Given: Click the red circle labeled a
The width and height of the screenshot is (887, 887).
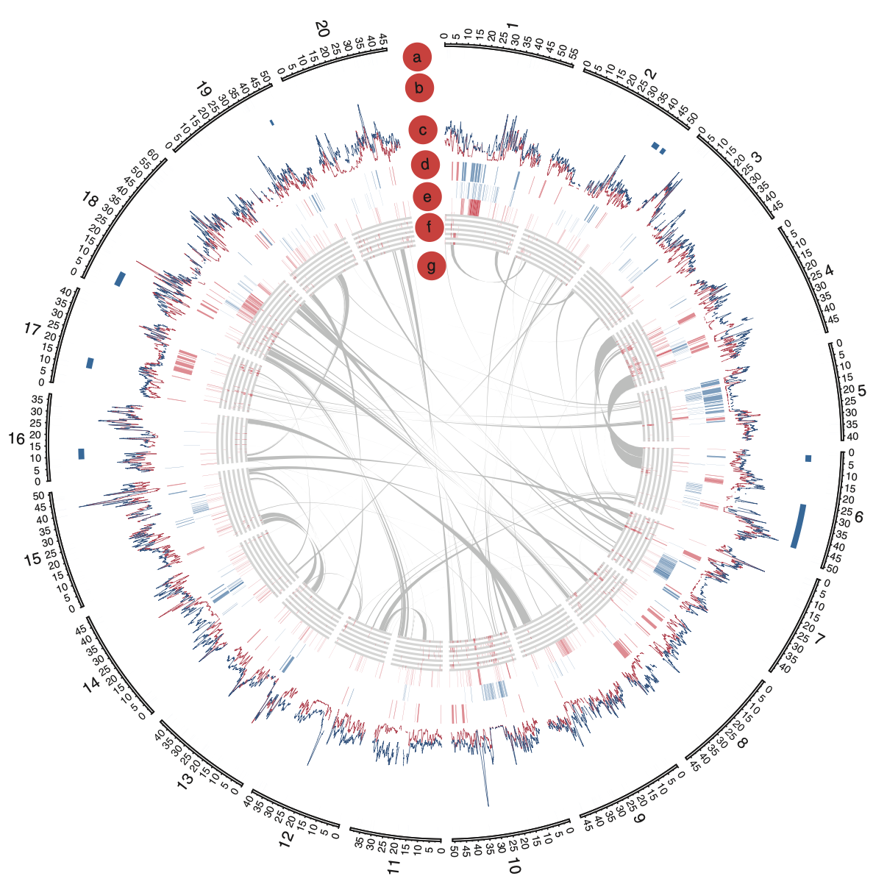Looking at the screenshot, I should tap(417, 57).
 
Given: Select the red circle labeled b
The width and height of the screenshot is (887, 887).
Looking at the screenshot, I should tap(419, 88).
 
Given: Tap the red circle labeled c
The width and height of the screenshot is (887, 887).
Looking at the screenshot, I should tap(423, 131).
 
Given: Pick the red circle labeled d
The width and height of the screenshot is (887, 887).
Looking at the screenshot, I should tap(425, 164).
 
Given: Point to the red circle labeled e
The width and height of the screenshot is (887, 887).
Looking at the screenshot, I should tap(427, 196).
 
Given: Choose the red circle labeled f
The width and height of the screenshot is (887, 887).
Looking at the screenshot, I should tap(429, 227).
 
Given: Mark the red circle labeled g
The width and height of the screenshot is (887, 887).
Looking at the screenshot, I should tap(432, 266).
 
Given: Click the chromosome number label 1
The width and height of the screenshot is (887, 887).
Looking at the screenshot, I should tap(513, 27).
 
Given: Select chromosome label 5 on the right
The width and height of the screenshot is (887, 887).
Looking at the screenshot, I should tap(862, 391).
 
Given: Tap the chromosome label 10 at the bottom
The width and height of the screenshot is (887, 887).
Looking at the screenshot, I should tap(513, 867).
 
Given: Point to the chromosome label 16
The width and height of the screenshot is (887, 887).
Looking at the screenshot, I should tap(16, 439).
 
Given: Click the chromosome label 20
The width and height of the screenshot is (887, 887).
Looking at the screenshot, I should tap(321, 29).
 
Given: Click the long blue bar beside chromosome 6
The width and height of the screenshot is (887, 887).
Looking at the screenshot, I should tap(798, 525).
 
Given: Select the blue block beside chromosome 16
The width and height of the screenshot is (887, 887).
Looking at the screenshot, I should tap(82, 454).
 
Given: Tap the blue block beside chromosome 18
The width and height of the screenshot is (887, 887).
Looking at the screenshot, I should tap(121, 279).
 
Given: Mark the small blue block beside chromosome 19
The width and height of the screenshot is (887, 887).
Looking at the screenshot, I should tap(271, 123).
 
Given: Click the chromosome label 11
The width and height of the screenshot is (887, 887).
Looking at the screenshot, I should tap(393, 866).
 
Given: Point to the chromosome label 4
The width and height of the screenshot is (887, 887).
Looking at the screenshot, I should tap(830, 271).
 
